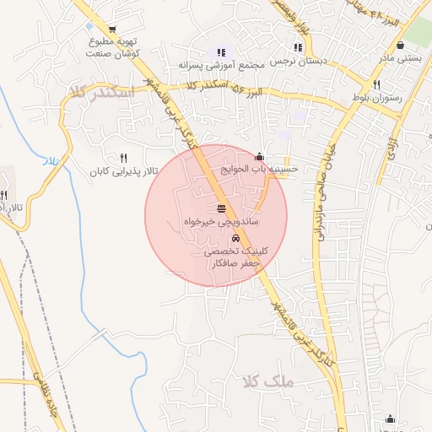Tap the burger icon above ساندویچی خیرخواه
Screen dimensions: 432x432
(221, 208)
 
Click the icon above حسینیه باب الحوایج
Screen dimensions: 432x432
(259, 156)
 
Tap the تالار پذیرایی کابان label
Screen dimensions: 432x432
(125, 171)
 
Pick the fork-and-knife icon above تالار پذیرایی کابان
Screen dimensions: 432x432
(124, 158)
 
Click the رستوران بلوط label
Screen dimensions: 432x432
(376, 99)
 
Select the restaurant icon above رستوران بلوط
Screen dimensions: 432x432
(376, 84)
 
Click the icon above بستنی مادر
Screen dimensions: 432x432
(399, 44)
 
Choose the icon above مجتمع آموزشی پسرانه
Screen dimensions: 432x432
(222, 51)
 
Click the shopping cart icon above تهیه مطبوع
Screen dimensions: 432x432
(112, 30)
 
